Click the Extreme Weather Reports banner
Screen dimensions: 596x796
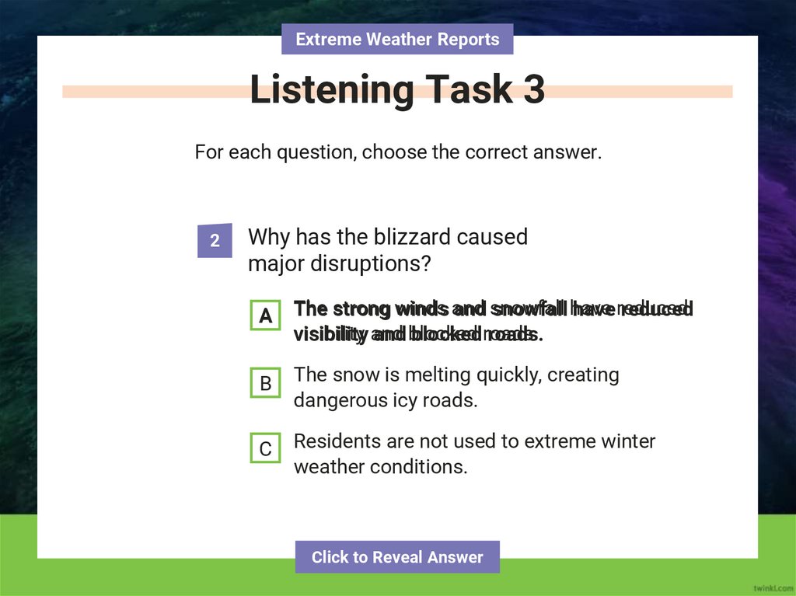tap(397, 39)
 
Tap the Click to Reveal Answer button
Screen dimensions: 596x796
tap(397, 557)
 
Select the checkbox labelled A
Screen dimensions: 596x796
tap(265, 315)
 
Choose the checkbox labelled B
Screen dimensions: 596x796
tap(265, 383)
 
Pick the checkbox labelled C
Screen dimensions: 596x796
tap(265, 449)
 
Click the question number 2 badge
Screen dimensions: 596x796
tap(215, 241)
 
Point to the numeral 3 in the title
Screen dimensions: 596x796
tap(533, 91)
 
